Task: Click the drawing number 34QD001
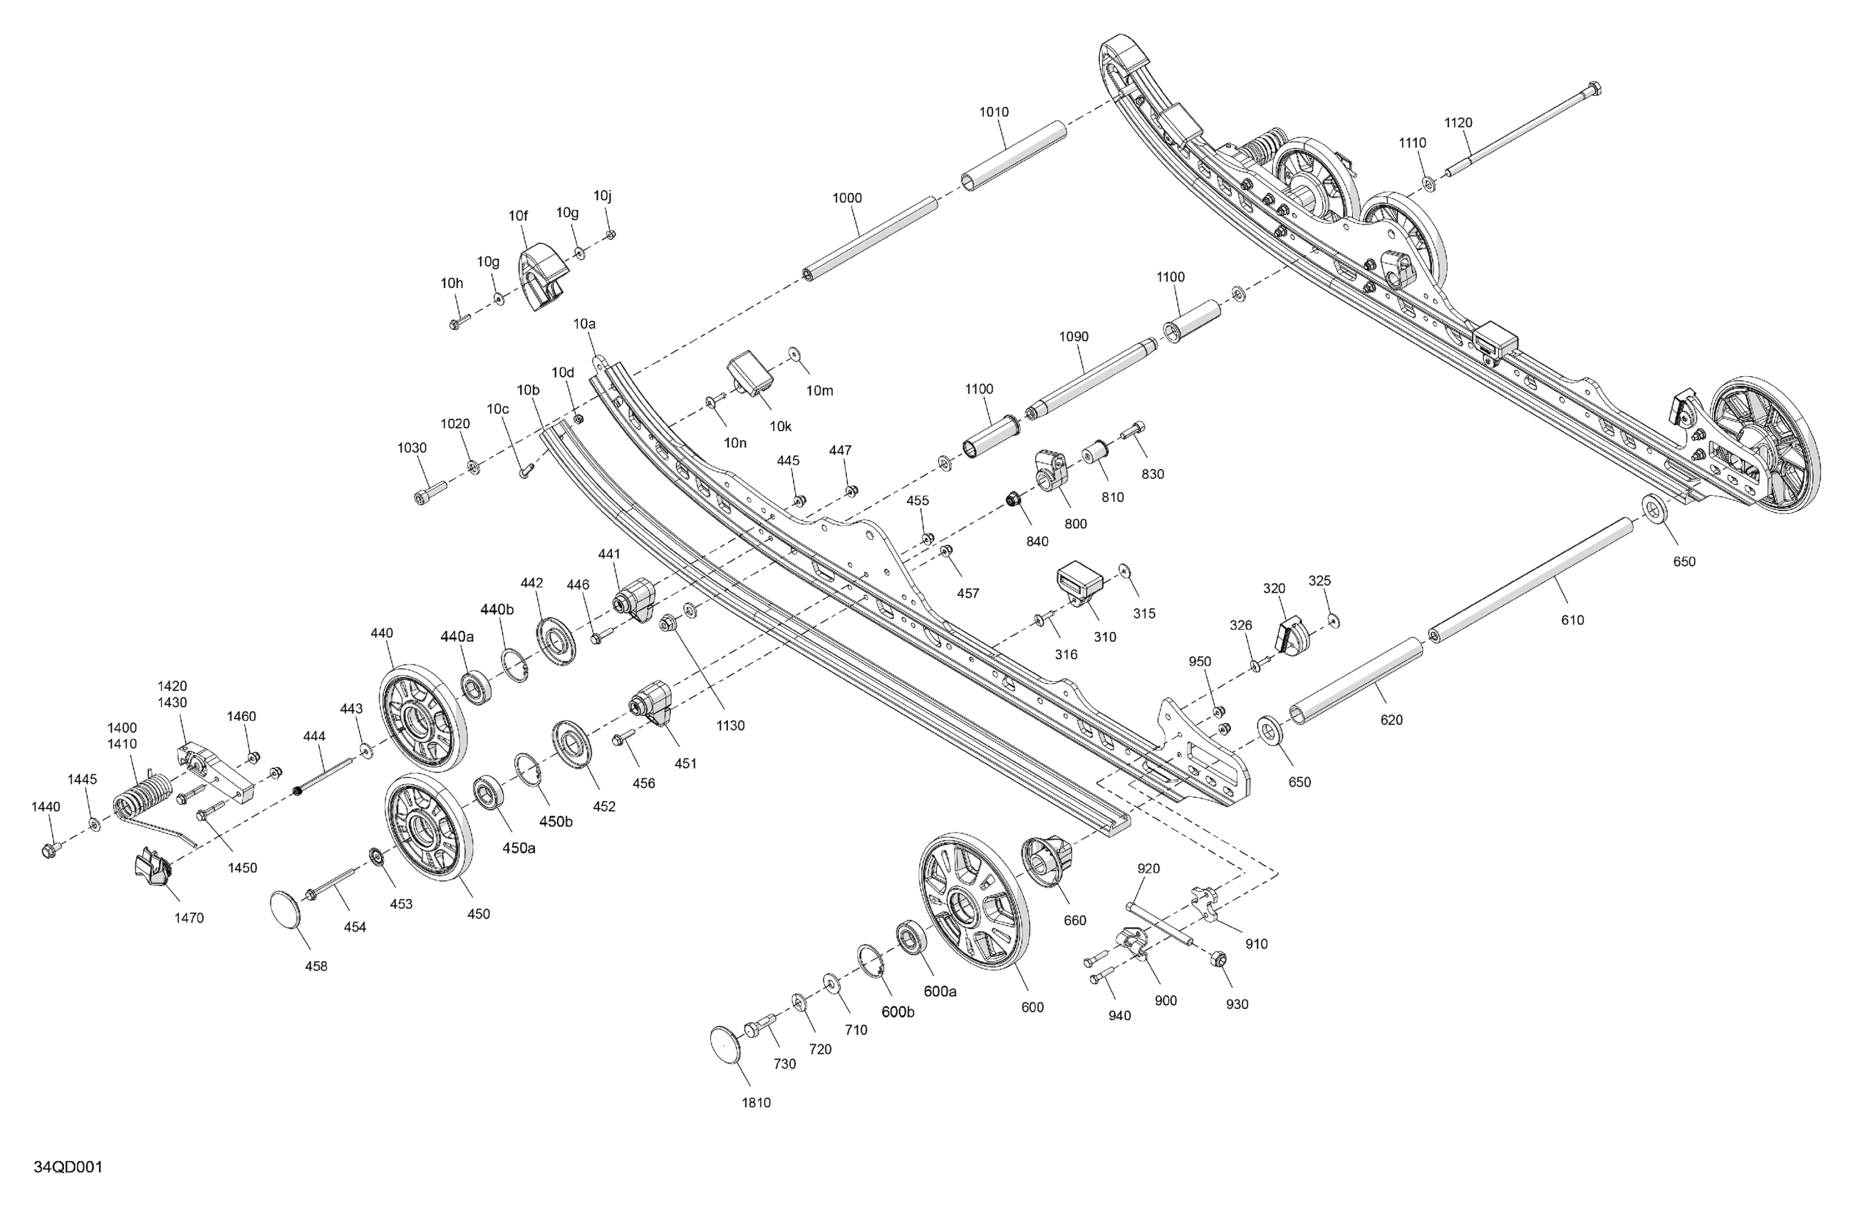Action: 68,1167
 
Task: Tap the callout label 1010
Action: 994,113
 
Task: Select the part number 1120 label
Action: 1458,123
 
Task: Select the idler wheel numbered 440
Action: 424,718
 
